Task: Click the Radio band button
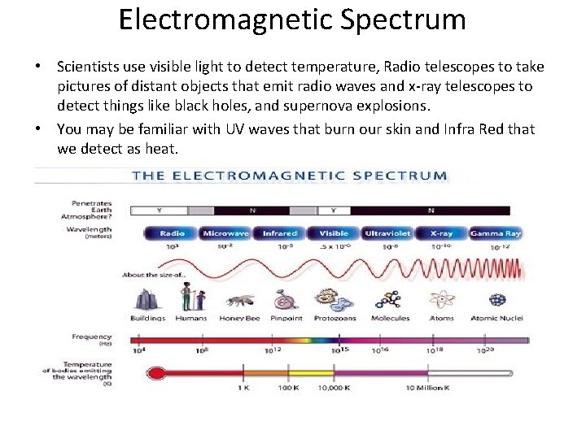(172, 233)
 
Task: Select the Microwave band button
(225, 233)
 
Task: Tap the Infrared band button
(280, 233)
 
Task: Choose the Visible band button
(334, 233)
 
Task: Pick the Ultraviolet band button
(387, 233)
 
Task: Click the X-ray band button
(441, 233)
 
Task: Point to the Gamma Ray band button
(495, 233)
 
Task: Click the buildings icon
(147, 299)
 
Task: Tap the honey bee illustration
(240, 302)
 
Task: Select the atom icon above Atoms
(442, 300)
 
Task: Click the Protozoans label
(335, 319)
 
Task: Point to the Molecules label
(391, 319)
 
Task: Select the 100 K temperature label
(291, 389)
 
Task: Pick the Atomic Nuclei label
(497, 319)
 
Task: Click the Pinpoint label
(286, 319)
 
